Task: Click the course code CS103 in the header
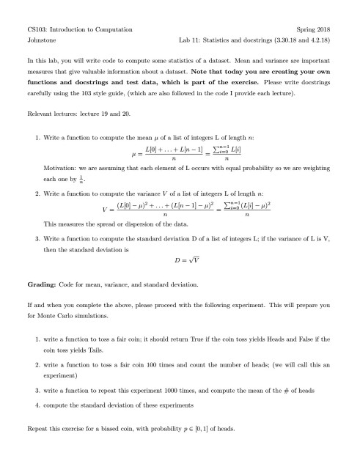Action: (36, 29)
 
